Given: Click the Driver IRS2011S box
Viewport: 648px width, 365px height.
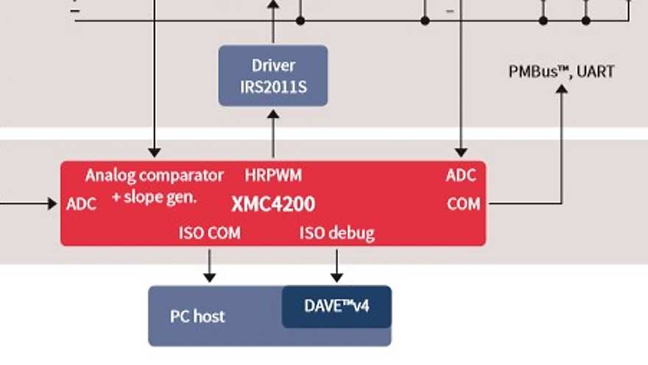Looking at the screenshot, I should pos(273,76).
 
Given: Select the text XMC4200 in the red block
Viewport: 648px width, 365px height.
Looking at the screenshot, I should pos(273,204).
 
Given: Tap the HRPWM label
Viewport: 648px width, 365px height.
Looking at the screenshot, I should pos(273,175).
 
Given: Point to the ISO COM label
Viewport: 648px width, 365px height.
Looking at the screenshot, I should pos(209,234).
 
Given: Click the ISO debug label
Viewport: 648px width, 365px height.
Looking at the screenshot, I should pos(337,234).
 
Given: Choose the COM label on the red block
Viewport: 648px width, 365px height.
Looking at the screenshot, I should pos(463,204).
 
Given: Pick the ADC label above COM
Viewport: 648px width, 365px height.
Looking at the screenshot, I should pos(461,175).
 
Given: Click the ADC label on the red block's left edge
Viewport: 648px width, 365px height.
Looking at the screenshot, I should pos(81,204).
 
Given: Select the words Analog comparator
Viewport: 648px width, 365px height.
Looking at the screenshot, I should pos(154,175).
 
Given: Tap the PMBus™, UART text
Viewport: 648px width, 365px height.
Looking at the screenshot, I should pos(561,72).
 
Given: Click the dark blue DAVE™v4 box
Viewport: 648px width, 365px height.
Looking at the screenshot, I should pos(337,306).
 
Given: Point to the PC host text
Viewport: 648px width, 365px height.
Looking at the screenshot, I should pos(197,316).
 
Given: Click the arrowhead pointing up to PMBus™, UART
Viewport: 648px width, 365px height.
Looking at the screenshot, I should pos(562,89).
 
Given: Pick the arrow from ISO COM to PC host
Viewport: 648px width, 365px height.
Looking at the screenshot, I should pos(210,265).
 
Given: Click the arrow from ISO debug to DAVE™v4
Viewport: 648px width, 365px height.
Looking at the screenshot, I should pos(337,265).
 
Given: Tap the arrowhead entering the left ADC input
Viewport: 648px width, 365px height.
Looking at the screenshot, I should pos(52,204).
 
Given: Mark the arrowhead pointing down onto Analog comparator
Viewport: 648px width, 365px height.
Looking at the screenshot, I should pos(154,152).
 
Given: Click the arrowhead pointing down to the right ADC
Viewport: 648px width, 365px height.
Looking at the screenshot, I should pos(461,152).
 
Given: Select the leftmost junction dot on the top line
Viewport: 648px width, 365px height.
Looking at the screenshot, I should pos(300,21).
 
